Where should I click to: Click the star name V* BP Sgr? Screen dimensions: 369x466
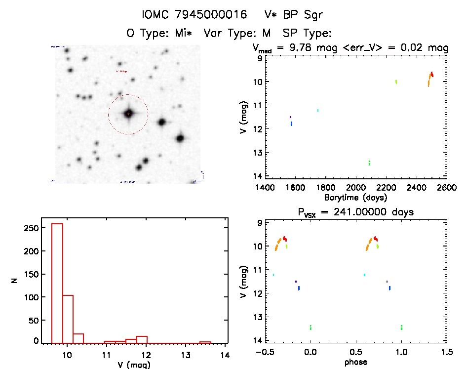[294, 15]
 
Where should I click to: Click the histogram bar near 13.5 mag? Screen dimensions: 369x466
[205, 342]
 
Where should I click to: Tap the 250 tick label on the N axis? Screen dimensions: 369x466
[30, 228]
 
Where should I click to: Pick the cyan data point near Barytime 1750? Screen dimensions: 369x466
[318, 110]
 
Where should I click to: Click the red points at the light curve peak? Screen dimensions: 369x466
[432, 74]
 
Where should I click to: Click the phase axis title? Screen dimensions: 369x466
[356, 362]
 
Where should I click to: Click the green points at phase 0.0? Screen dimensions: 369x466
[311, 327]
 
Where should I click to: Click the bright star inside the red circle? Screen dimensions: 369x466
[128, 114]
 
